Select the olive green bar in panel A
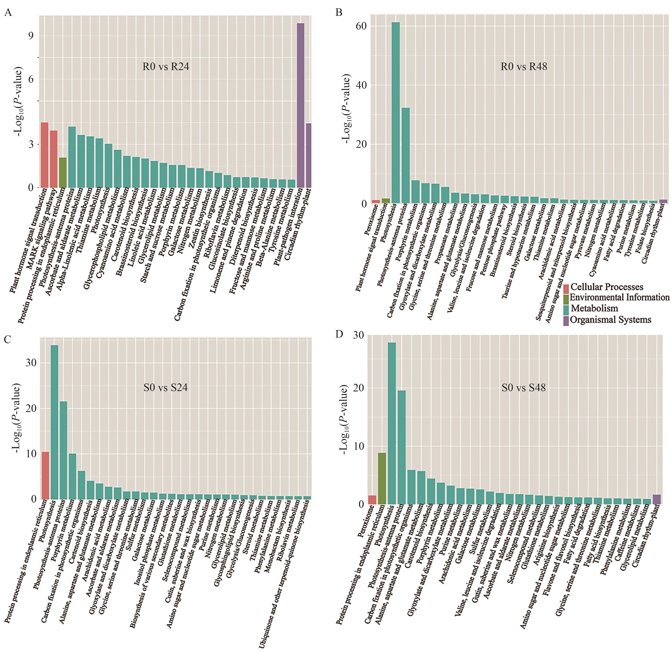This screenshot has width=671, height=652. (x=63, y=173)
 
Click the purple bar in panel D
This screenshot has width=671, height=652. (x=657, y=499)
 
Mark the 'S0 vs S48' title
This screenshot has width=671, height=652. (x=524, y=388)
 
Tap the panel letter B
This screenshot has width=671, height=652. (x=339, y=13)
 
